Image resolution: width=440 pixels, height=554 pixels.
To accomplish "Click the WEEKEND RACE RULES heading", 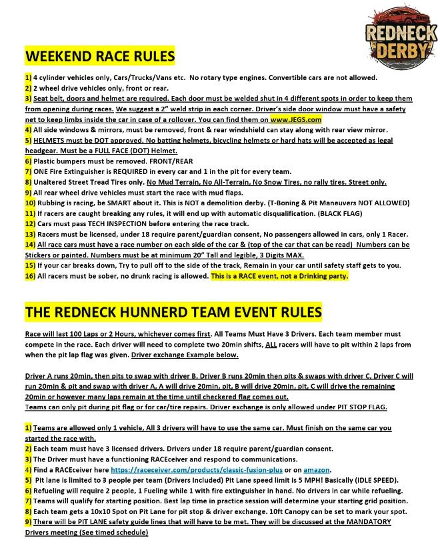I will pyautogui.click(x=100, y=55).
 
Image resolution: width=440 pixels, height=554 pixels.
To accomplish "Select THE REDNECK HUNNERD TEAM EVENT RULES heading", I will pyautogui.click(x=173, y=312).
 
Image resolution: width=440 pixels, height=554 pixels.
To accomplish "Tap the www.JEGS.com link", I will pyautogui.click(x=296, y=119).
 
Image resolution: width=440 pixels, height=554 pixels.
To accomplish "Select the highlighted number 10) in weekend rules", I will pyautogui.click(x=30, y=203).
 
